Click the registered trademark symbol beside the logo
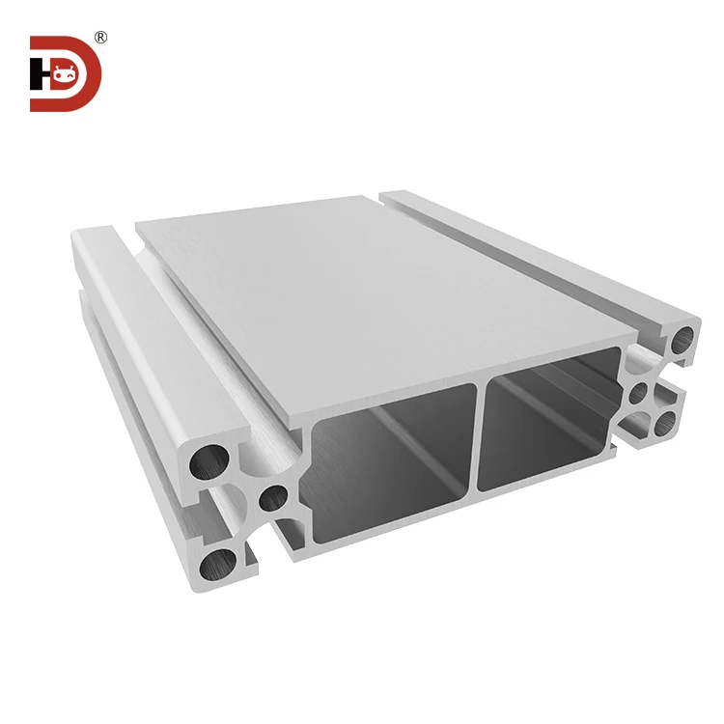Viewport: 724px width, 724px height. click(100, 38)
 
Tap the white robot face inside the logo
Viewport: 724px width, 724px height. click(66, 72)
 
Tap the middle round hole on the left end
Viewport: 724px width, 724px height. click(274, 498)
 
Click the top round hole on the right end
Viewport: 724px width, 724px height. click(683, 339)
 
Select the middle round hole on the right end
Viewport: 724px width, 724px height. click(638, 394)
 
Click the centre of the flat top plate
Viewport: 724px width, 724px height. click(386, 290)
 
